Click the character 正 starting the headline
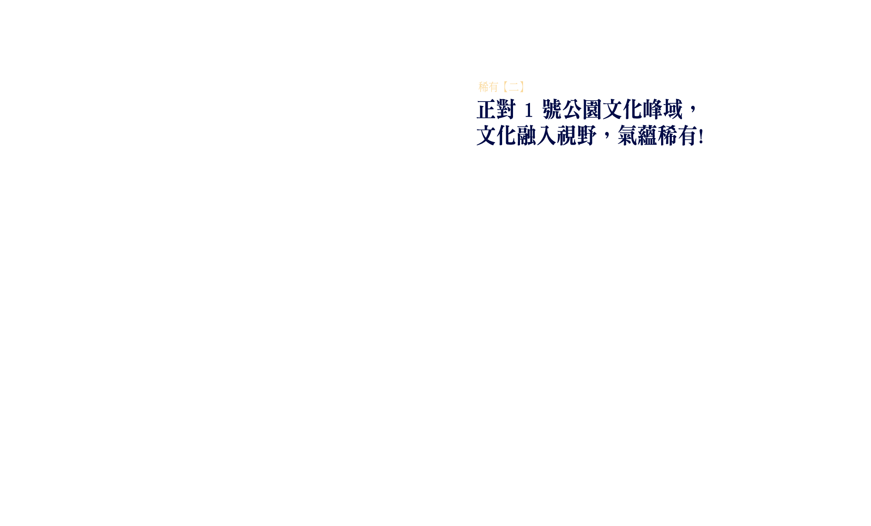click(x=486, y=109)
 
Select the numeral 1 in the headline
click(x=529, y=110)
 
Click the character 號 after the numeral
click(x=552, y=109)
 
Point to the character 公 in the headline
click(x=572, y=109)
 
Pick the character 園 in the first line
click(x=592, y=109)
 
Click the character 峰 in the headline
click(x=652, y=109)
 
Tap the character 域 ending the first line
click(x=672, y=109)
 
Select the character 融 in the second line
click(x=527, y=136)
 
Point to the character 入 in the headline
click(x=547, y=136)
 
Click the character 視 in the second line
click(x=567, y=136)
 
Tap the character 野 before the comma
click(x=587, y=136)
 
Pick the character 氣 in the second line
click(x=627, y=136)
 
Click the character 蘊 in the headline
click(x=647, y=136)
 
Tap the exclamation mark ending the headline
click(x=701, y=136)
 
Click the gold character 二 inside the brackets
click(x=514, y=87)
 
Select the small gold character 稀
click(x=483, y=87)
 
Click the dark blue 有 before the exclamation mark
click(x=687, y=136)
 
